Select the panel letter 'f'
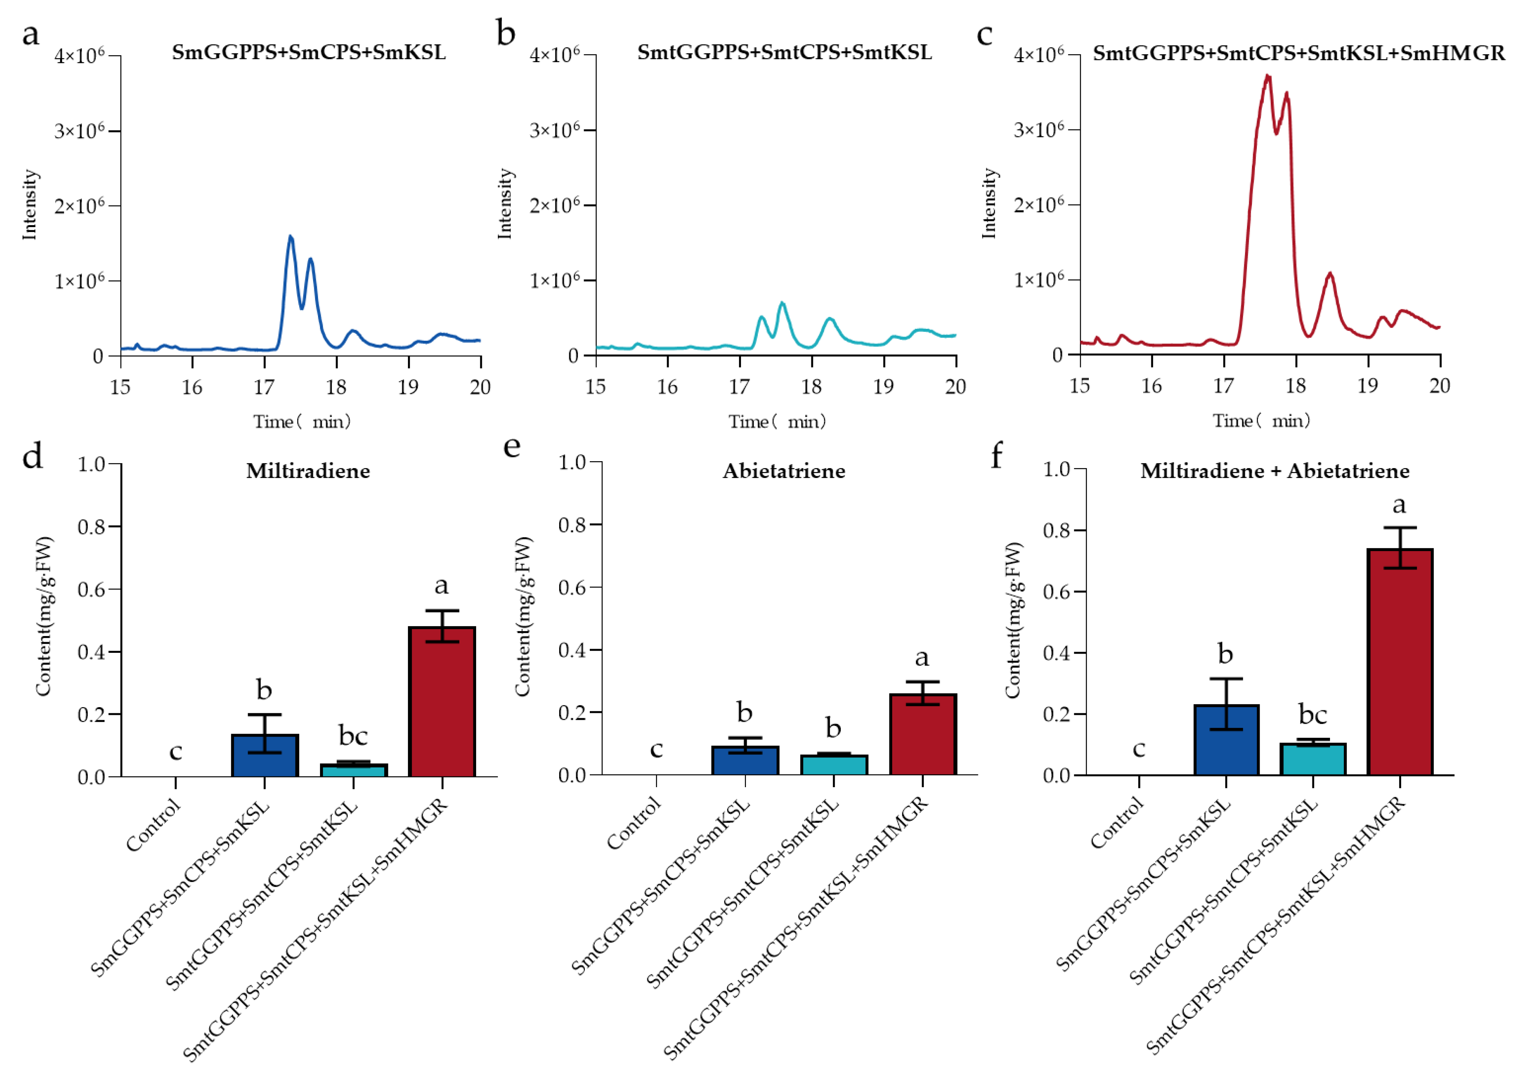(x=996, y=457)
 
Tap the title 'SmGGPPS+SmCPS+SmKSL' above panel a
(x=309, y=52)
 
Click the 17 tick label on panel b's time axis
(x=739, y=387)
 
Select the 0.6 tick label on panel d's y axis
(x=92, y=589)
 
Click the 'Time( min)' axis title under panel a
(x=302, y=422)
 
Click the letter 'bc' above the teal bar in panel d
(x=353, y=735)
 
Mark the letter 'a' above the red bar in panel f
(x=1399, y=505)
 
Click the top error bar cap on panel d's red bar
(x=441, y=611)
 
